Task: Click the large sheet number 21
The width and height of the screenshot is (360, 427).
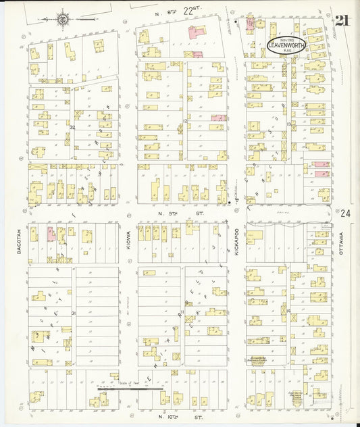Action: pos(342,20)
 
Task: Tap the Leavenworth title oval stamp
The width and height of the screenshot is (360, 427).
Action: pos(286,45)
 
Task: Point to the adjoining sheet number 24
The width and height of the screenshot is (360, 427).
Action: pos(346,214)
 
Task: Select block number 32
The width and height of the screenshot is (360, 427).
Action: pos(71,126)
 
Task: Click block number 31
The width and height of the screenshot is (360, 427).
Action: pos(72,313)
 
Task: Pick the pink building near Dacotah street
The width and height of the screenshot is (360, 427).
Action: pos(51,234)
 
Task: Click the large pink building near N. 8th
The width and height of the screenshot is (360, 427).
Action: pos(196,32)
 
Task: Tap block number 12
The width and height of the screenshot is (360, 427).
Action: pos(184,120)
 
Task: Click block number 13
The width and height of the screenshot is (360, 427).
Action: pos(288,124)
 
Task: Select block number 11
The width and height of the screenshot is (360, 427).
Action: pos(288,311)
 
